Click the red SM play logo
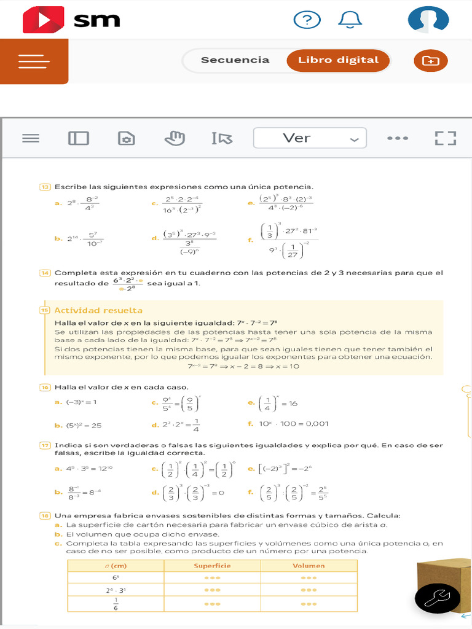[x=43, y=20]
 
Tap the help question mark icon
[x=307, y=20]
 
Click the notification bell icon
[x=350, y=20]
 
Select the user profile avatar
[x=428, y=20]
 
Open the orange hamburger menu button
[x=34, y=61]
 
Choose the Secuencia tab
[x=235, y=60]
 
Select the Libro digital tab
[x=338, y=60]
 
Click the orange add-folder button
[x=431, y=61]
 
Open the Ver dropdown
[x=310, y=138]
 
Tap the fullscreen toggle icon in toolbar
[x=446, y=138]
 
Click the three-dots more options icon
[x=398, y=138]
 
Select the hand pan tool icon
[x=175, y=138]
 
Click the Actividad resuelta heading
[x=98, y=310]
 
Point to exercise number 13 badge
[x=45, y=187]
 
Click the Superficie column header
[x=212, y=566]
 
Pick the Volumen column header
[x=309, y=566]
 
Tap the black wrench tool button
[x=437, y=596]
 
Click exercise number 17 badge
[x=45, y=445]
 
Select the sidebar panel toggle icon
[x=79, y=138]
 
